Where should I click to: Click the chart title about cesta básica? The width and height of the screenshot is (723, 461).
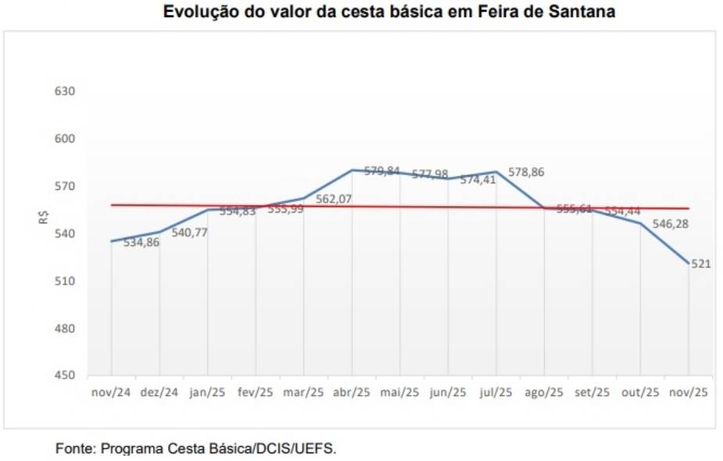pos(389,13)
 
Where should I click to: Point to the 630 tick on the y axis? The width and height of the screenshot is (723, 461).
pos(65,91)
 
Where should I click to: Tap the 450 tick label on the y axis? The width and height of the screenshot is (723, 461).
pos(65,376)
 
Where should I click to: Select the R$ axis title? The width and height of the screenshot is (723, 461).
pos(44,217)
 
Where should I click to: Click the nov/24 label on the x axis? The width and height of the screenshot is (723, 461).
pos(111,393)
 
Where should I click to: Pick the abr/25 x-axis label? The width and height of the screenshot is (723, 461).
pos(351,393)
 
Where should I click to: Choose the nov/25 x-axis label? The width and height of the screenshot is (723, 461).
pos(689,393)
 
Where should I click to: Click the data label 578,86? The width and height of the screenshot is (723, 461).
pos(526,172)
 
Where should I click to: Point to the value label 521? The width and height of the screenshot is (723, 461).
pos(700,264)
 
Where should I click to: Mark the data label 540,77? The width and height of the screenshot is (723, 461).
pos(190,232)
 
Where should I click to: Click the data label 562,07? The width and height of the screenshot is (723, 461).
pos(333,199)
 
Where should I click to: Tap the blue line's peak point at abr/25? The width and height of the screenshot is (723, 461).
pos(352,170)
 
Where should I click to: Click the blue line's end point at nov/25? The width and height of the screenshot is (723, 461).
pos(689,263)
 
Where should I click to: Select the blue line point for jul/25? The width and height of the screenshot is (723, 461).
pos(497,171)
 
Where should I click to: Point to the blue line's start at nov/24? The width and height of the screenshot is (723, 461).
pos(112,241)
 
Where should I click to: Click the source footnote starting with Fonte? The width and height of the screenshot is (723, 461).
pos(196,449)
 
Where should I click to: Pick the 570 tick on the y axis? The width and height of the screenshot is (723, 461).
pos(65,186)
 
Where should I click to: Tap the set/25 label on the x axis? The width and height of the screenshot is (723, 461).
pos(592,393)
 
